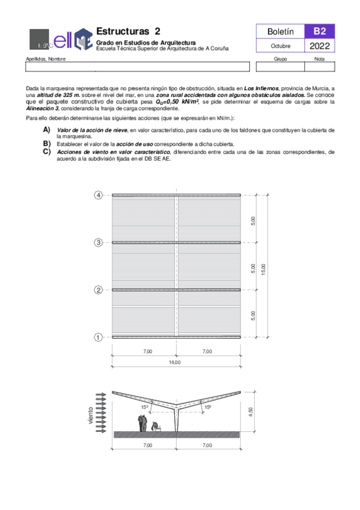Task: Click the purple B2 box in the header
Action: pos(319,31)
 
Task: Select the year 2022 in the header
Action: pos(319,46)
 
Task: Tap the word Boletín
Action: pos(280,31)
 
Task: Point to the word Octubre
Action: pos(280,46)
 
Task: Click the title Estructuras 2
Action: pos(129,31)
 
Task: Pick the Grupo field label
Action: pos(280,59)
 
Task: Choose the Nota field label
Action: pos(319,59)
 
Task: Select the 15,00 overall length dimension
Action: pos(263,266)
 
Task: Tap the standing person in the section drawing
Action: pos(142,422)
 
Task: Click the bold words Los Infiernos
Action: pos(260,88)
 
